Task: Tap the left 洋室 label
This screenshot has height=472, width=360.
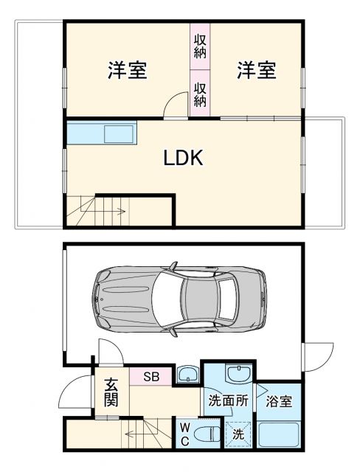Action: (x=128, y=71)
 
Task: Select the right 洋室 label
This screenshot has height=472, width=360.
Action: (x=257, y=71)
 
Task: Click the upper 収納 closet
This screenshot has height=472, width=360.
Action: (x=200, y=46)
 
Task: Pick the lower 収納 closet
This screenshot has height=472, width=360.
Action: (x=200, y=94)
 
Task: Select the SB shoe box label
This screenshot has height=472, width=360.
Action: (x=150, y=377)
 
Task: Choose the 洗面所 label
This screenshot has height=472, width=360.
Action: (x=226, y=402)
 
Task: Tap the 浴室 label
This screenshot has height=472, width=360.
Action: (x=281, y=403)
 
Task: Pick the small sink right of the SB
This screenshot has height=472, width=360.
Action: (x=187, y=375)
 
